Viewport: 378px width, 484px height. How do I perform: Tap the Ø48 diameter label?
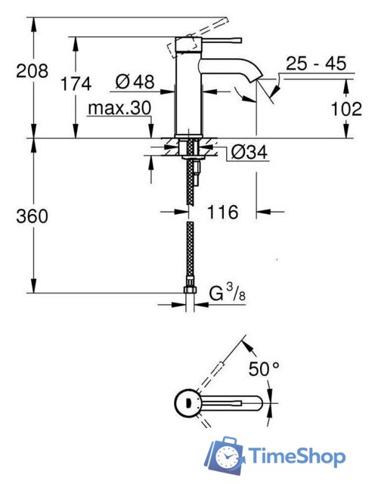[135, 80]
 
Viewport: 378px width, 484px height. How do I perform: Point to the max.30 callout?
[119, 109]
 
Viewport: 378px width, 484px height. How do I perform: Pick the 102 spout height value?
[346, 109]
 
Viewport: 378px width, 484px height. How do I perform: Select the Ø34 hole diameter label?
[247, 152]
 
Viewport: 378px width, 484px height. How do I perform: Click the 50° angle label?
[264, 370]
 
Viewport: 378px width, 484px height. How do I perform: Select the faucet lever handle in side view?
[216, 39]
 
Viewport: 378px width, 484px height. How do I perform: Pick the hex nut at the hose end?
[191, 291]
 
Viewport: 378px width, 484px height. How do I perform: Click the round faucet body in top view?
[186, 400]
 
